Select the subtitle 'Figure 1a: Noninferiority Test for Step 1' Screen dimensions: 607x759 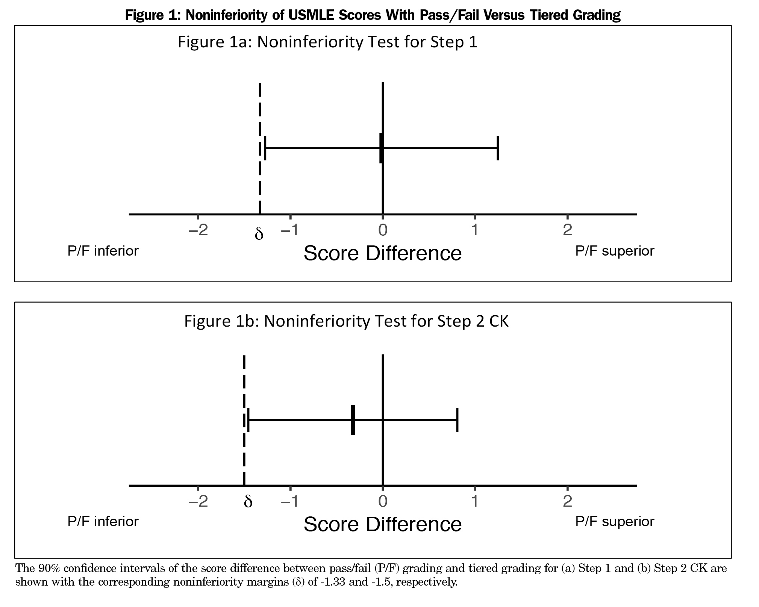click(x=327, y=42)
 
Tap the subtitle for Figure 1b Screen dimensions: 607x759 click(x=346, y=321)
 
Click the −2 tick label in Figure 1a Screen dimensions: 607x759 click(x=198, y=230)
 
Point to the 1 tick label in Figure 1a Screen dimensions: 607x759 click(x=475, y=230)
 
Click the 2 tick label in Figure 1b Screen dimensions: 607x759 click(x=567, y=501)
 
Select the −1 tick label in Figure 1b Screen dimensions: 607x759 click(x=290, y=501)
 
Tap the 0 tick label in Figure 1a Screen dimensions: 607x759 click(x=383, y=230)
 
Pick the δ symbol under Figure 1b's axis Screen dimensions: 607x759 click(x=248, y=502)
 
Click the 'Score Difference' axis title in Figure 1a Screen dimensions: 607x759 click(x=382, y=253)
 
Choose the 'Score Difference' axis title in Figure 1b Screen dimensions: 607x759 click(x=382, y=524)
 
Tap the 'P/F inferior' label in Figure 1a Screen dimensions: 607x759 click(x=103, y=251)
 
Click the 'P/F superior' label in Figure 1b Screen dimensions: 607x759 click(x=615, y=522)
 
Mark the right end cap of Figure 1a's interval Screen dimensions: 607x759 click(x=497, y=148)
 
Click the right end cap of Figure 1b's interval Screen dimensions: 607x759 click(x=457, y=420)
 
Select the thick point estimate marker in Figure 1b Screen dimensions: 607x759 click(x=353, y=420)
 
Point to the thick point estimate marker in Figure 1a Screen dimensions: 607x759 click(x=381, y=148)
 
